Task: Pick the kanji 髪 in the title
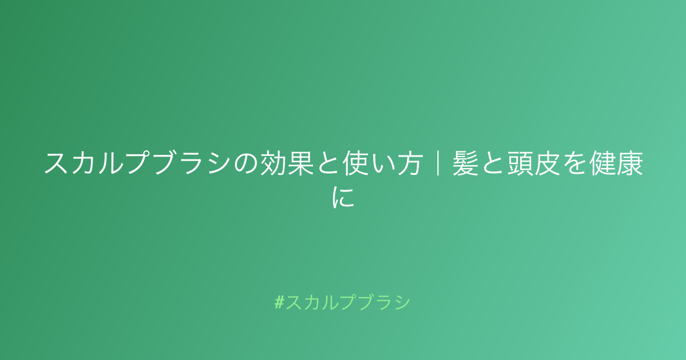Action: (x=465, y=163)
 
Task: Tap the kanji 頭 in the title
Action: (x=520, y=163)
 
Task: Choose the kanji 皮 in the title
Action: (x=548, y=163)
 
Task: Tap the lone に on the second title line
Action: (x=343, y=198)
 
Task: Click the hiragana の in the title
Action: (x=246, y=164)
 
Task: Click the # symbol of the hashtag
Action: (x=280, y=302)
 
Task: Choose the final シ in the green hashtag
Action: (x=401, y=302)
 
